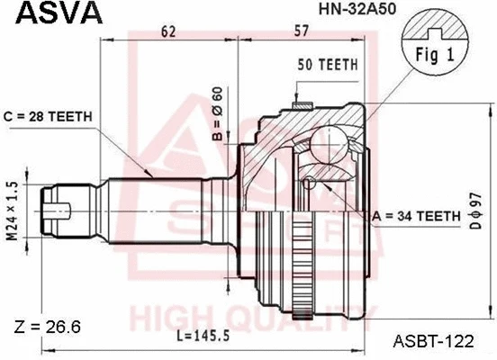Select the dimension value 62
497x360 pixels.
(x=167, y=31)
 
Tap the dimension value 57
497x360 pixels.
(x=302, y=31)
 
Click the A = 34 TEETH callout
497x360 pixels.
(x=417, y=215)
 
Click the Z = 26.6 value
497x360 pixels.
(x=49, y=326)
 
